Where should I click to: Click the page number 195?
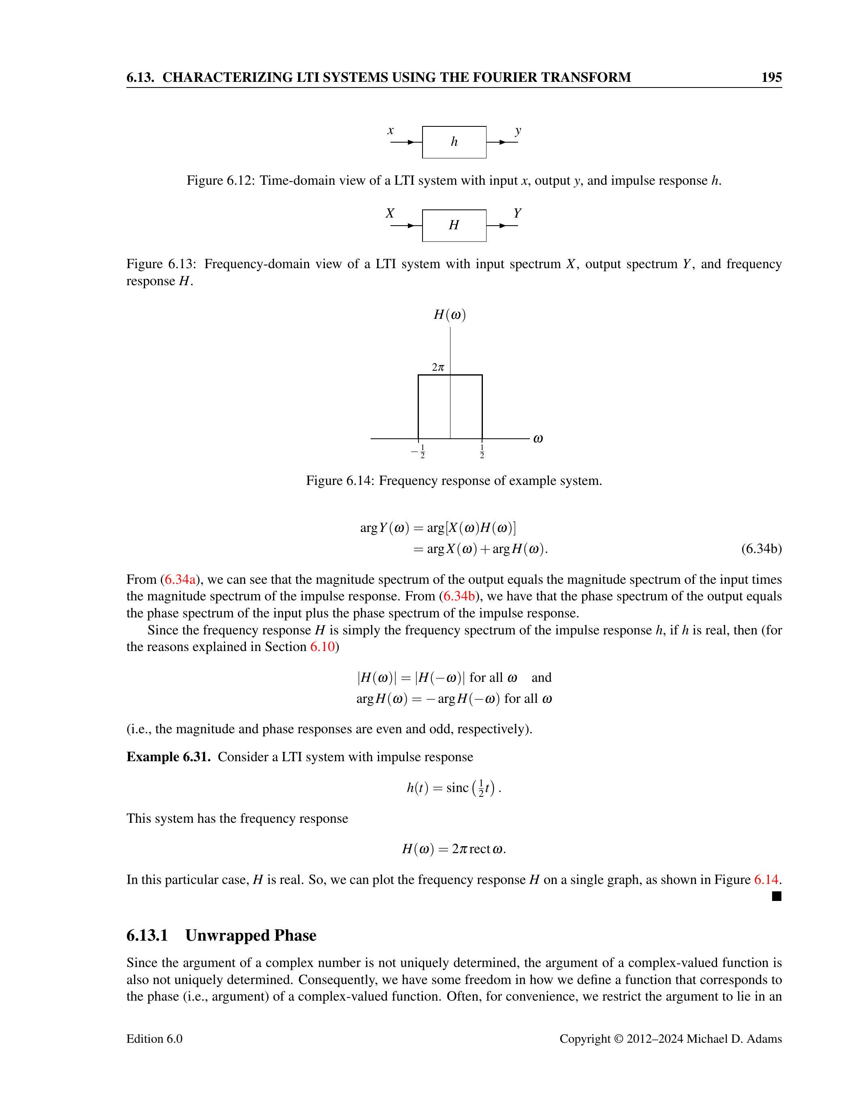771,77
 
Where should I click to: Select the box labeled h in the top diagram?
454,142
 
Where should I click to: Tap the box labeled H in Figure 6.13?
454,225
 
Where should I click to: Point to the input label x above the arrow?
391,130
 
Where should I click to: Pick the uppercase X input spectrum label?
390,213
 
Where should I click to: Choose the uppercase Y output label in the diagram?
517,213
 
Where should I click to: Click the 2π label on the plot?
438,367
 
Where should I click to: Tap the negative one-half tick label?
419,451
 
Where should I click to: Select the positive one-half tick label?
482,451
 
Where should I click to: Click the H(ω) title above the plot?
450,315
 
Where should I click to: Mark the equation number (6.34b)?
761,549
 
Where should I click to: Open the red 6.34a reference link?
180,579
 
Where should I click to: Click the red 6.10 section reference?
322,647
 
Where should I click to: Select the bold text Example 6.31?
168,757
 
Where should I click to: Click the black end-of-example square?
776,897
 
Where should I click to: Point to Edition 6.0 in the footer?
154,1039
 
